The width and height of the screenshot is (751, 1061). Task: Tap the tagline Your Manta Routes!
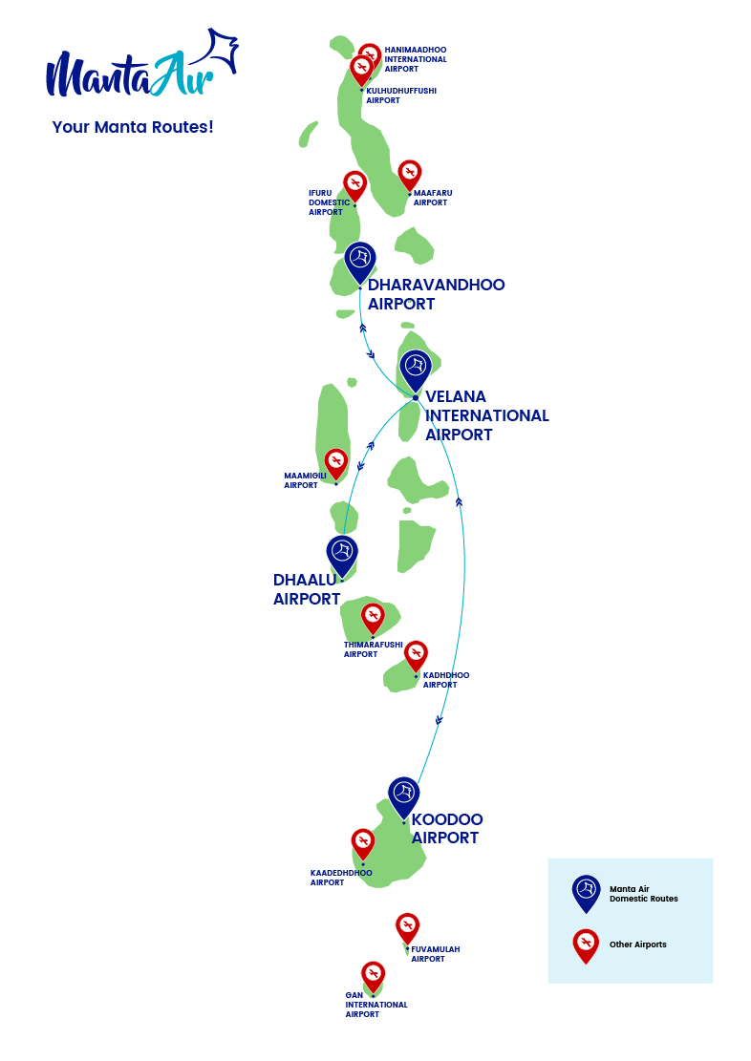pyautogui.click(x=133, y=127)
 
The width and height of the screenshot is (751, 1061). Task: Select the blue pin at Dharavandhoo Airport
pyautogui.click(x=360, y=261)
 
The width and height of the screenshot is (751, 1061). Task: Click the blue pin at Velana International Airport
pyautogui.click(x=416, y=369)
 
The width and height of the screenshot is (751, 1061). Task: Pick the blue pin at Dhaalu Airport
pyautogui.click(x=342, y=554)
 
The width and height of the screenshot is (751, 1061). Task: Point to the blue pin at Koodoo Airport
pyautogui.click(x=404, y=796)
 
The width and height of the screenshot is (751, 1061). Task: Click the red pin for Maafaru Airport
pyautogui.click(x=410, y=175)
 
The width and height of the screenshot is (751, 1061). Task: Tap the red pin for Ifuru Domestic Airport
pyautogui.click(x=354, y=184)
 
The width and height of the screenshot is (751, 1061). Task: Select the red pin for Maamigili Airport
pyautogui.click(x=336, y=463)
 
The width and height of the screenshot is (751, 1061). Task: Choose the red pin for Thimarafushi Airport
pyautogui.click(x=373, y=617)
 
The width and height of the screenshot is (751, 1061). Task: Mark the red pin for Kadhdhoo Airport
pyautogui.click(x=416, y=655)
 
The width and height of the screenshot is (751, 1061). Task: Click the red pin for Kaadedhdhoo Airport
pyautogui.click(x=363, y=843)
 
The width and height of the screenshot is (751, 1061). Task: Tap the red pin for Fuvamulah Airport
pyautogui.click(x=408, y=927)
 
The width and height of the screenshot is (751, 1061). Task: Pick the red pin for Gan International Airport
pyautogui.click(x=374, y=975)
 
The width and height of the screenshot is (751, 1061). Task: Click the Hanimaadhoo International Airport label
pyautogui.click(x=416, y=59)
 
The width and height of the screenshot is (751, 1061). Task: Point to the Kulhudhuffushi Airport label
pyautogui.click(x=401, y=95)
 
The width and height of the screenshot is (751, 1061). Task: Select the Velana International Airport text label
pyautogui.click(x=486, y=415)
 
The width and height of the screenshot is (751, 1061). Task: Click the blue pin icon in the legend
pyautogui.click(x=586, y=892)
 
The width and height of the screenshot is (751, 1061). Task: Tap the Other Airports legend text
pyautogui.click(x=638, y=944)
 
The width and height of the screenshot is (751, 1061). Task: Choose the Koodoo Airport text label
pyautogui.click(x=446, y=829)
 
